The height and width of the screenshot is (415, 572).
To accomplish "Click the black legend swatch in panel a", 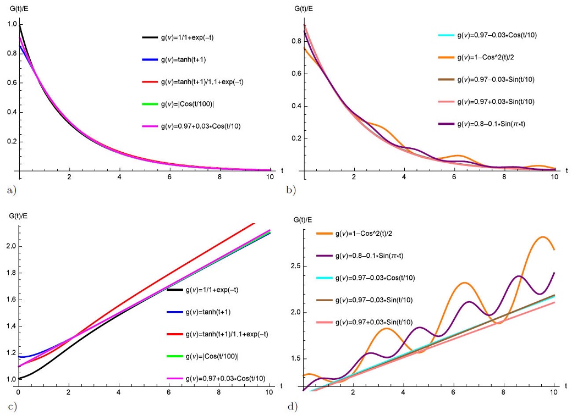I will pyautogui.click(x=150, y=37).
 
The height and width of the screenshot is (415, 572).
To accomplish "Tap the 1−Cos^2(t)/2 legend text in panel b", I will pyautogui.click(x=487, y=58).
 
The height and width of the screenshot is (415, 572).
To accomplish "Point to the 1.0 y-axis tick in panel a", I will pyautogui.click(x=9, y=24).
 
